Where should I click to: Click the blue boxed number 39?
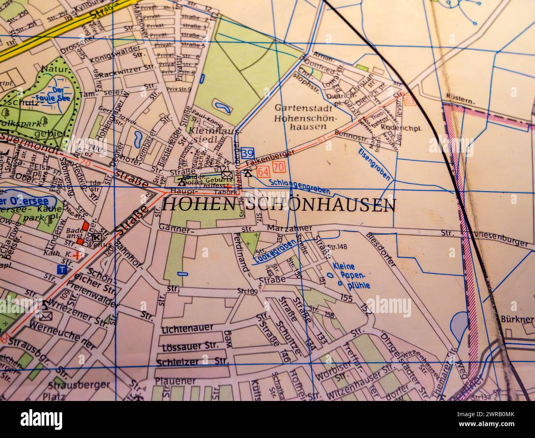(247, 153)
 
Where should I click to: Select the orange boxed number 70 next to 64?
(279, 167)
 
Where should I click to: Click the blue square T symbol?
(62, 269)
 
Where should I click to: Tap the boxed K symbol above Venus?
(97, 237)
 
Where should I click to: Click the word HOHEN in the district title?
(190, 204)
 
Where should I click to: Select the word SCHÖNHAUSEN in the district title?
(321, 204)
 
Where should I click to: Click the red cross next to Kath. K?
(75, 255)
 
